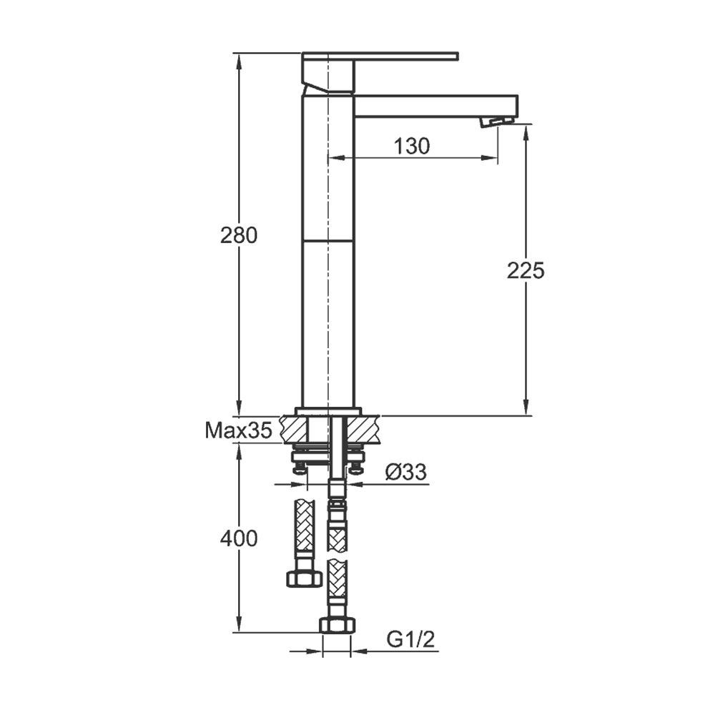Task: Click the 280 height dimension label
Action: (239, 235)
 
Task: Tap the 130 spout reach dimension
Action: (412, 147)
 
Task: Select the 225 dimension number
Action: (526, 271)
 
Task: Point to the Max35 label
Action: (239, 430)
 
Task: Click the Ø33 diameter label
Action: (406, 471)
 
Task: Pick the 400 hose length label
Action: (239, 538)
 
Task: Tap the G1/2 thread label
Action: (411, 640)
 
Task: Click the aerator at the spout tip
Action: (496, 122)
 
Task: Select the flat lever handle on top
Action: (380, 56)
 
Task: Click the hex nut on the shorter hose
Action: (305, 579)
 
